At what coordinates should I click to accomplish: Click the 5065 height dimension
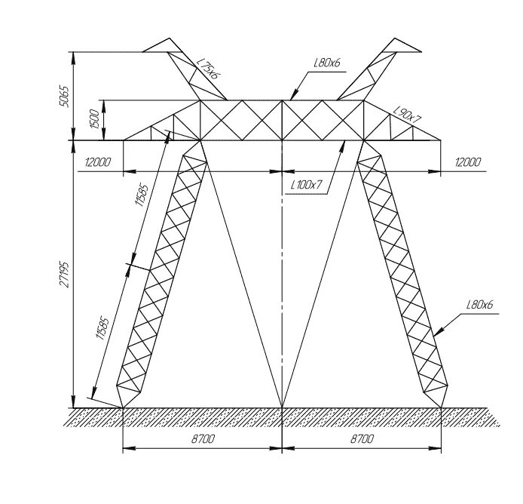click(x=65, y=96)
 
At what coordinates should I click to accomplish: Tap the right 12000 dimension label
click(x=466, y=162)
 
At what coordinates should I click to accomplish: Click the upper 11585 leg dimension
click(x=141, y=204)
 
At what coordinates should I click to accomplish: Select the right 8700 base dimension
click(x=362, y=438)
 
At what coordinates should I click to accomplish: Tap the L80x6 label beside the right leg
click(x=479, y=305)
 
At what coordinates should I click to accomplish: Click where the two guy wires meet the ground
click(x=282, y=408)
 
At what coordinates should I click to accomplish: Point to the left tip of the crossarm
click(x=123, y=140)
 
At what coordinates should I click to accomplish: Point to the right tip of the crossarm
click(x=441, y=140)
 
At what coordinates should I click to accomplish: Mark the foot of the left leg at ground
click(x=123, y=408)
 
